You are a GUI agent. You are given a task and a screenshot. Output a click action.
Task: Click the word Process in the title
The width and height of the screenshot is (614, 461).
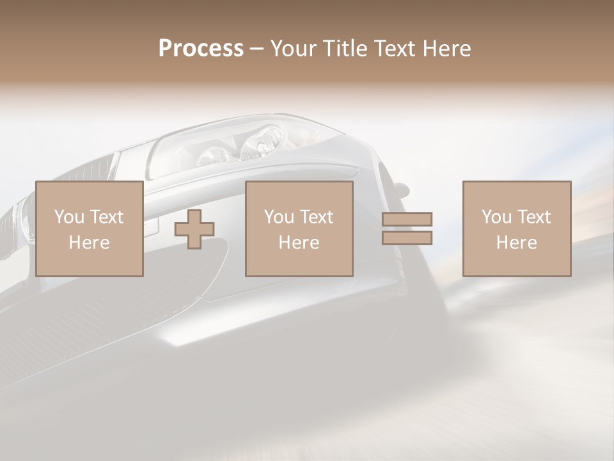[201, 49]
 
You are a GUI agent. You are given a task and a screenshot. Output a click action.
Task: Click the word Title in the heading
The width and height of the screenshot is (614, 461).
[343, 49]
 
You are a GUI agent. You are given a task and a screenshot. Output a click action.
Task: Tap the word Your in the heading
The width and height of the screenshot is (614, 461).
[294, 49]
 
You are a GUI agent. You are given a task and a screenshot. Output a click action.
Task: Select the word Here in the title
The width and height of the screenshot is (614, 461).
[446, 49]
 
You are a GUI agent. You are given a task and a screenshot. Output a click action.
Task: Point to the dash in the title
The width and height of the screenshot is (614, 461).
[257, 49]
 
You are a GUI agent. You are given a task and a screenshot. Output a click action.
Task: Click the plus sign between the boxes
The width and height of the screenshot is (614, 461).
[194, 229]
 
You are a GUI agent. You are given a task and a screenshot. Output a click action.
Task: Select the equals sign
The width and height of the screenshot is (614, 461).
[407, 229]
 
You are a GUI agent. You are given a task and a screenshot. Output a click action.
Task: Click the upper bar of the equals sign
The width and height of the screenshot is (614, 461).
[407, 219]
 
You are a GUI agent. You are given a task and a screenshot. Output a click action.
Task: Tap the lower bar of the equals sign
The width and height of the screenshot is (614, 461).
[407, 238]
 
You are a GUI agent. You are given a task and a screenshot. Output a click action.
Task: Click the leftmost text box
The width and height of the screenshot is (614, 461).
[90, 229]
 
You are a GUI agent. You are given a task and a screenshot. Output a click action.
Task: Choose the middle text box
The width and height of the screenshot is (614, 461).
[299, 229]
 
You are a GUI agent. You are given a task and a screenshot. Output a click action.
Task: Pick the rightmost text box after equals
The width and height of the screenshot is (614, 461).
[517, 229]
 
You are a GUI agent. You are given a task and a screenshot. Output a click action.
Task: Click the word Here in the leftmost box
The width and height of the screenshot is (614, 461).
[89, 243]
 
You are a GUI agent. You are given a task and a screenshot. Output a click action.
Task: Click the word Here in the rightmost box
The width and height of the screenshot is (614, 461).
[516, 243]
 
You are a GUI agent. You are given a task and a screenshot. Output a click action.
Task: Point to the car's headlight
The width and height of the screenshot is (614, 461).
[249, 144]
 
